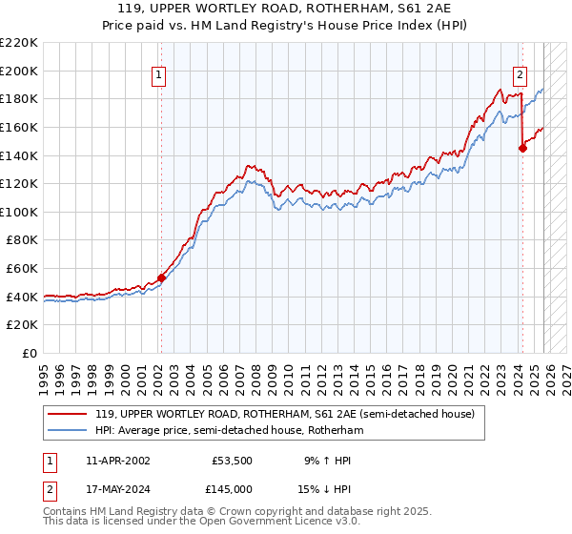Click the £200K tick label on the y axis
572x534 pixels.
coord(19,71)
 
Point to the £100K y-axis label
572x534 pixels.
coord(19,212)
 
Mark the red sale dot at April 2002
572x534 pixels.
coord(161,278)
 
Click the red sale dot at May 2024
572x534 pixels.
coord(522,148)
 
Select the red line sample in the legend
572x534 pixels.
coord(68,414)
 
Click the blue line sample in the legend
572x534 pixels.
coord(68,430)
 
